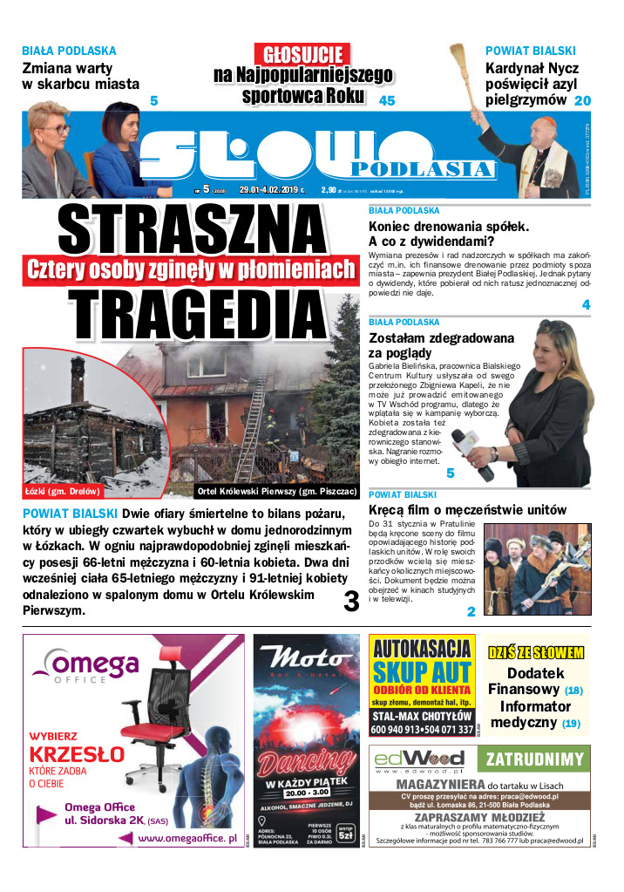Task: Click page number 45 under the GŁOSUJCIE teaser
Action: click(x=387, y=101)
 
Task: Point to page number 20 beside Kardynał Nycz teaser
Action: click(x=582, y=101)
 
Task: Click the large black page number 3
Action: click(x=351, y=602)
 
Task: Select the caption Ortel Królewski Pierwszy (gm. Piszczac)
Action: click(x=275, y=490)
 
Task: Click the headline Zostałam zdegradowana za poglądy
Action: click(x=441, y=345)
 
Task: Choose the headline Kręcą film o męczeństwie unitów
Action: click(x=467, y=509)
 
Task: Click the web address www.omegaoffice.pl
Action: click(x=187, y=838)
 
